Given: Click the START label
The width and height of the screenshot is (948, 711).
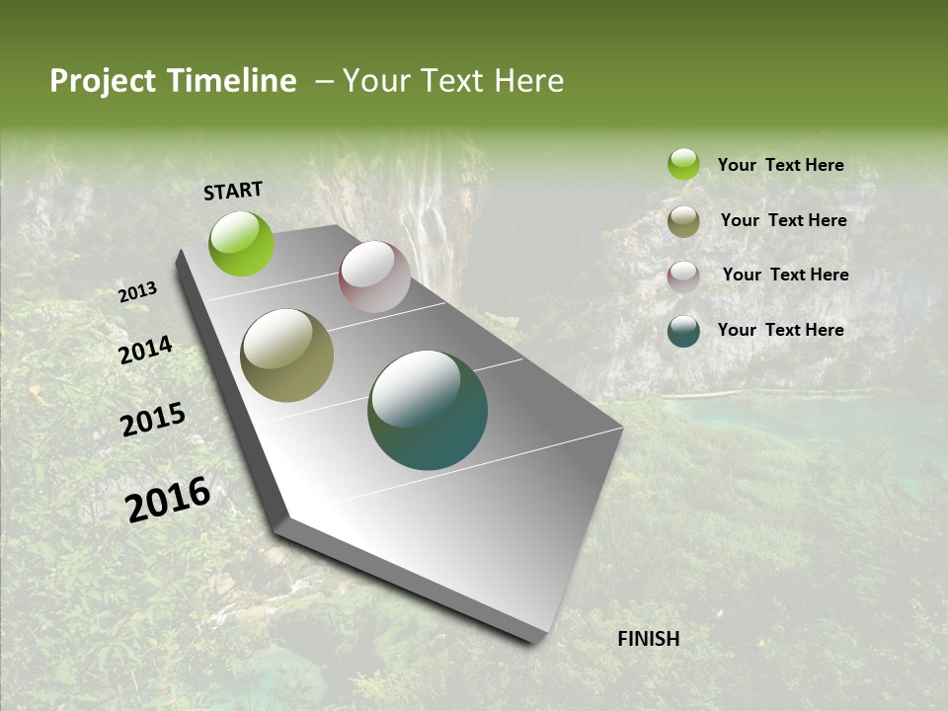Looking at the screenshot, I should pos(233,191).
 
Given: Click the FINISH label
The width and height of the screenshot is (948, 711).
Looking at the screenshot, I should pos(648,639).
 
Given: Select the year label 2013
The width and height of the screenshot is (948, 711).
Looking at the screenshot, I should pos(138,292).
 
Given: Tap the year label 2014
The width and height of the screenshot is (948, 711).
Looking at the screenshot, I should pos(146,351).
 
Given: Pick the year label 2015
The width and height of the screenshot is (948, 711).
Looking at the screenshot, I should pos(153,420).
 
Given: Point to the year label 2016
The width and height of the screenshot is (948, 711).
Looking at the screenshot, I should pos(168,500).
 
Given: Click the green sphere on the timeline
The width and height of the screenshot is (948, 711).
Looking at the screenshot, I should pos(242,243).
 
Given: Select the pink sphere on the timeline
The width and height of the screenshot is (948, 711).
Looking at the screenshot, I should pos(374,276).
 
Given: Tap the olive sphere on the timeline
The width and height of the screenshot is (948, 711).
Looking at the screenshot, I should pos(287,355).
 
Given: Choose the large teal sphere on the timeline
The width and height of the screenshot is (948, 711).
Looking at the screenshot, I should pos(428,410).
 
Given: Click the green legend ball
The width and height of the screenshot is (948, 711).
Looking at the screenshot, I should pos(683,165).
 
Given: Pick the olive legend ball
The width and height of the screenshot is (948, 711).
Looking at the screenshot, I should pos(683,221).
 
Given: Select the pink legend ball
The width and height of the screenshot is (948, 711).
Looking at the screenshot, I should pos(683,276).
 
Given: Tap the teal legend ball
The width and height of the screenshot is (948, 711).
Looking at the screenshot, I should pos(683,331).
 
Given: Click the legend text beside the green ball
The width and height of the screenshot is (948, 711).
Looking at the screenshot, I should pos(780,166).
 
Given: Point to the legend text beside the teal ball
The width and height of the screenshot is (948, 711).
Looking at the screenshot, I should pos(780,330).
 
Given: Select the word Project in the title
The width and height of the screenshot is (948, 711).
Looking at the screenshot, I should pos(103,81).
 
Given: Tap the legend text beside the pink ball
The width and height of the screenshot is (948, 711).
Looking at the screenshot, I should pos(785,275).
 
